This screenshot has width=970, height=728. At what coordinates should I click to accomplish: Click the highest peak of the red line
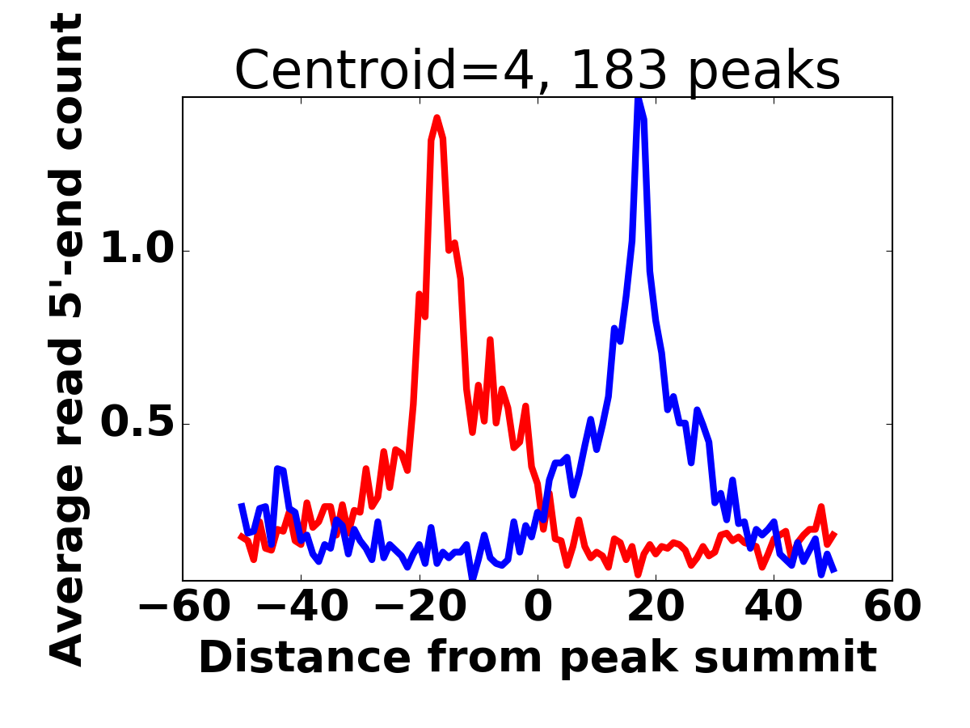click(437, 118)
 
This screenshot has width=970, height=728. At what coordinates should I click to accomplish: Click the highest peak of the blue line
click(639, 99)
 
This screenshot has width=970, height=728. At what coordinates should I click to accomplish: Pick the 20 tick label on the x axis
click(656, 607)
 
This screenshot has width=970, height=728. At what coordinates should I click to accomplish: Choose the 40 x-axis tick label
click(774, 607)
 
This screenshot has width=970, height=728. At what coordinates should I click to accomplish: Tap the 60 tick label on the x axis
click(892, 607)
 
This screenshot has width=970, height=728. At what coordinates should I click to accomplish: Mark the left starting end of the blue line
click(241, 506)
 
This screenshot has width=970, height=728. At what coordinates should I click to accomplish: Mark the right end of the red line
click(834, 535)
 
